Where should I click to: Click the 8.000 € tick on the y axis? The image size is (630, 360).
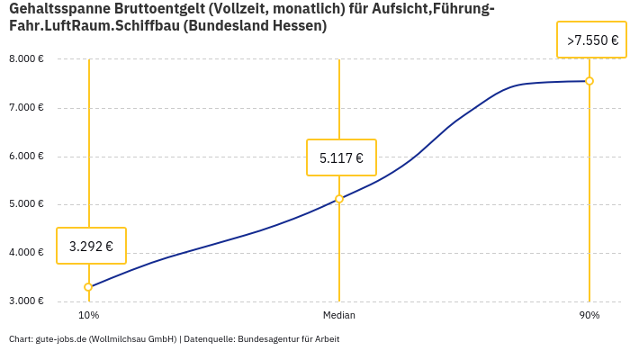[x=26, y=59]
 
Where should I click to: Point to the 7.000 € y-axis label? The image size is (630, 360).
[x=26, y=108]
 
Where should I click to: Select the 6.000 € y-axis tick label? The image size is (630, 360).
[x=26, y=156]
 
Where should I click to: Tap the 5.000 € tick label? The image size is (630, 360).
[x=26, y=204]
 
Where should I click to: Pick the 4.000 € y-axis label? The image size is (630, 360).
[x=26, y=253]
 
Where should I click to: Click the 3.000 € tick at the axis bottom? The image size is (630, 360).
[x=26, y=301]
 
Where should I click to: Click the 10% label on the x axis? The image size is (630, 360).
[x=88, y=316]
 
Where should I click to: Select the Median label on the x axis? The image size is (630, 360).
[x=339, y=316]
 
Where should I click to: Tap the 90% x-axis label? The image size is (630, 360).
[x=589, y=316]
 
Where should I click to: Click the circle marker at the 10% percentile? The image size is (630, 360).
[x=88, y=287]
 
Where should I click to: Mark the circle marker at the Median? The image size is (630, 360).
[x=339, y=199]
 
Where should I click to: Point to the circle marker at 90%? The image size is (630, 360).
[x=589, y=81]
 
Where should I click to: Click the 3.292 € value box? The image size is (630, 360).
[x=91, y=246]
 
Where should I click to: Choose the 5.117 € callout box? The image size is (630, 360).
[x=341, y=157]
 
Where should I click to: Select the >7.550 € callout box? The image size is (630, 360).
[x=592, y=40]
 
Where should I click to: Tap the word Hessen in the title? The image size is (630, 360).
[x=300, y=26]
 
